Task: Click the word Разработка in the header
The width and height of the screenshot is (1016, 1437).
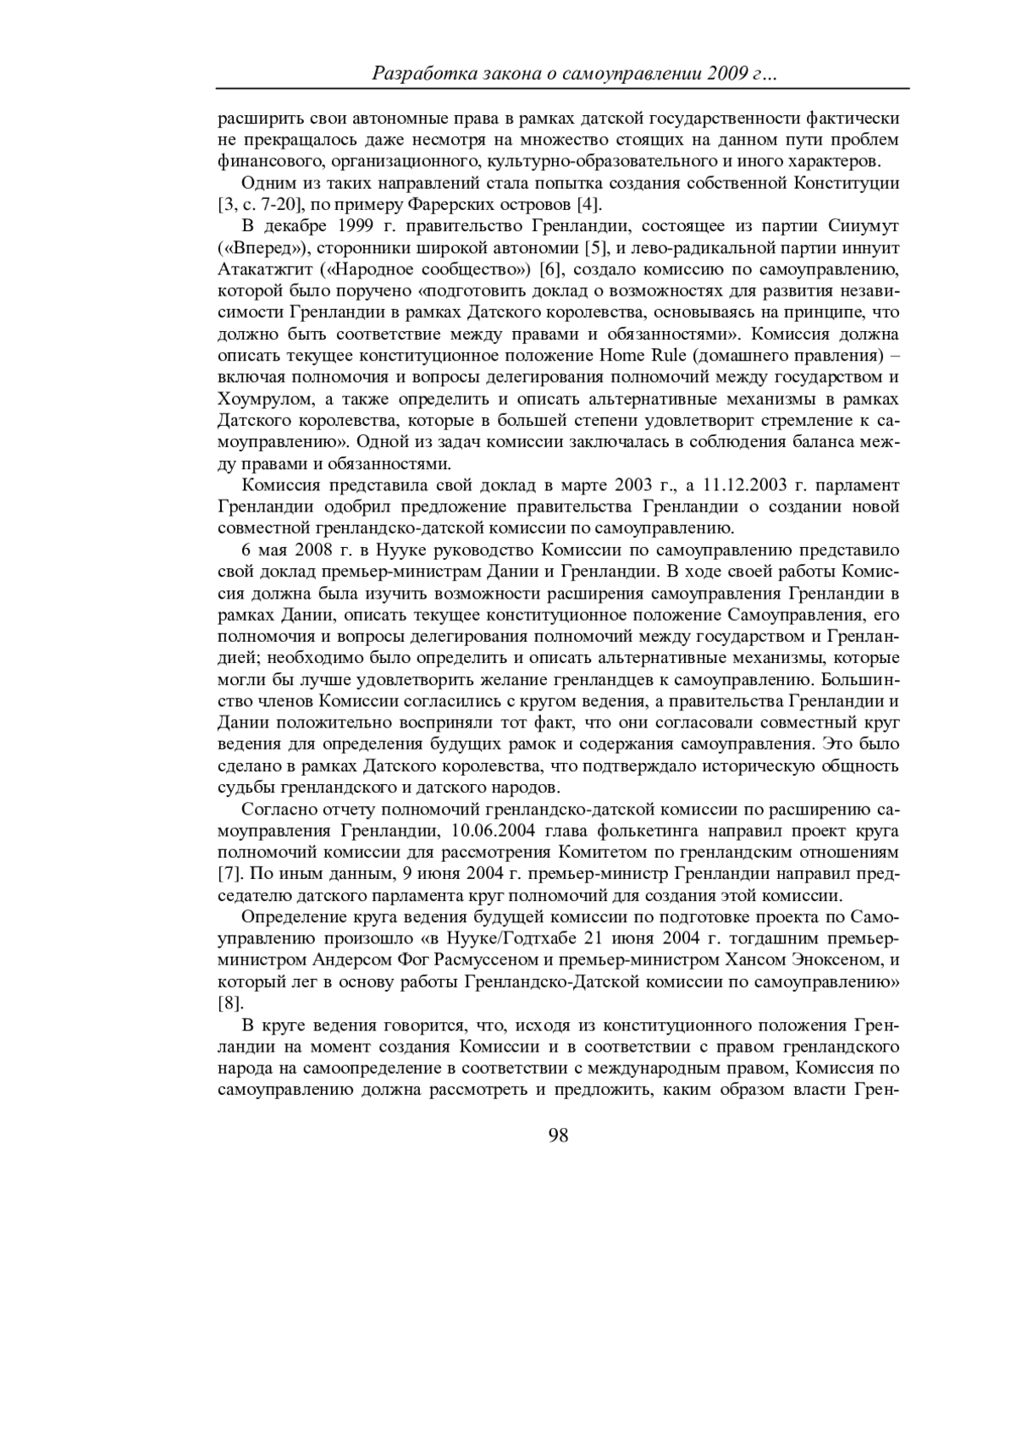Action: click(x=418, y=75)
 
